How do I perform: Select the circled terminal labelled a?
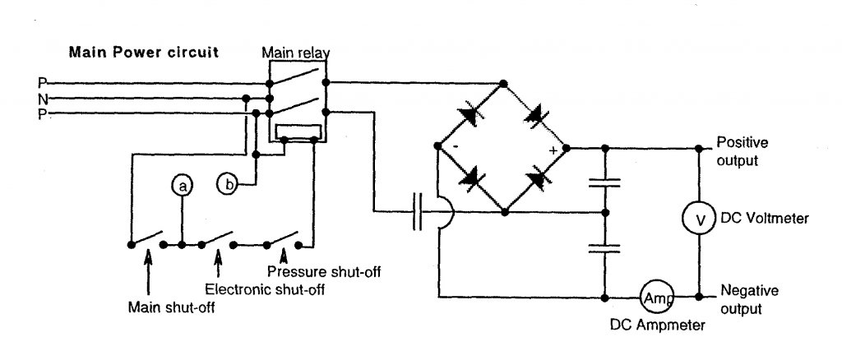click(183, 186)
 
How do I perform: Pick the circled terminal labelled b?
click(227, 184)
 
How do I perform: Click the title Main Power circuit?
click(143, 52)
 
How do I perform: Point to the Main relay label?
click(296, 53)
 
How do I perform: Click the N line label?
click(43, 99)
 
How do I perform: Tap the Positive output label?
click(743, 151)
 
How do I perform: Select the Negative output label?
click(748, 299)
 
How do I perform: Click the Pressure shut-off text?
click(324, 271)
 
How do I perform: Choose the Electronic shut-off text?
click(265, 289)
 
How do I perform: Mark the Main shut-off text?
click(171, 308)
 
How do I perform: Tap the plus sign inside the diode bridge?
click(553, 150)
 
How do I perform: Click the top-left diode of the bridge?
click(470, 115)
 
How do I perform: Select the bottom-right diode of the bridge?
click(538, 179)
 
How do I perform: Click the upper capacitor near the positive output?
click(604, 183)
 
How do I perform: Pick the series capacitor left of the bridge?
click(417, 212)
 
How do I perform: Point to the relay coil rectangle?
click(298, 132)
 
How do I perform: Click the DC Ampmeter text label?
click(657, 325)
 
